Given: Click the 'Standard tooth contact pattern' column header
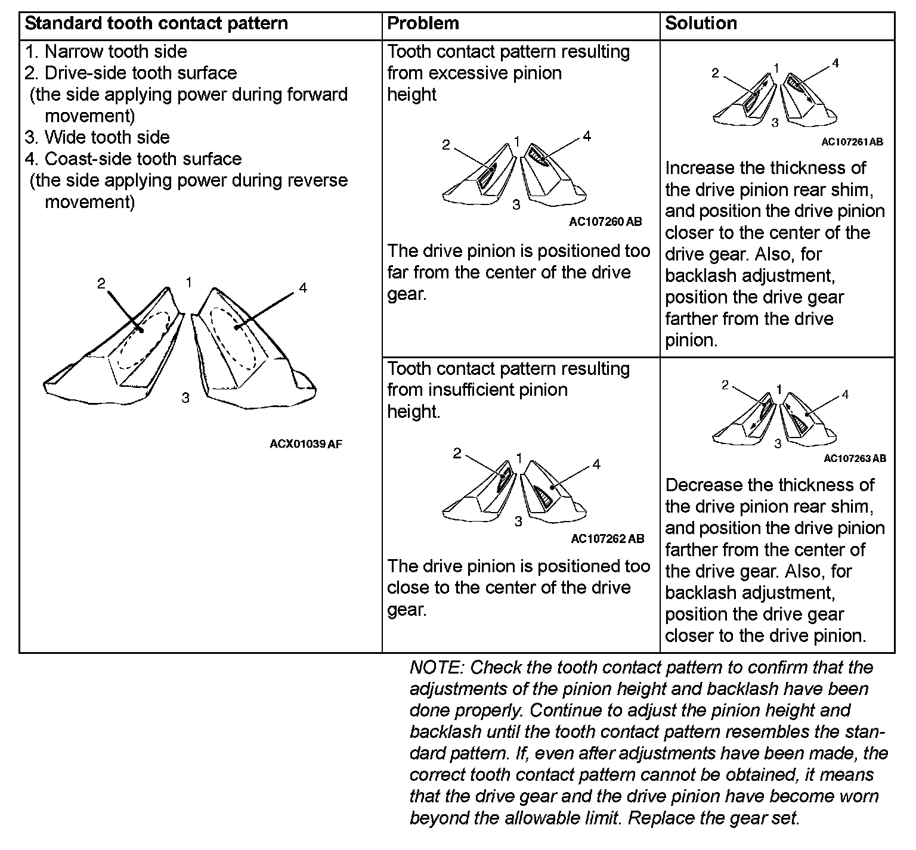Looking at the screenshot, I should coord(156,24).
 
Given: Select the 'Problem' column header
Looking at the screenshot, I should coord(423,24).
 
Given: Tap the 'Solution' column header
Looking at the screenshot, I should coord(701,24).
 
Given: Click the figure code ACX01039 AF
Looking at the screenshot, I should coord(306,444).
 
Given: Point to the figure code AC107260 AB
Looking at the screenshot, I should coord(605,222).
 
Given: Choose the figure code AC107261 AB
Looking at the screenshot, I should coord(852,142).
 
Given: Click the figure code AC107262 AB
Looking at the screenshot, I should coord(608,539).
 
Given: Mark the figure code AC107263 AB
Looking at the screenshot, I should coord(855,458).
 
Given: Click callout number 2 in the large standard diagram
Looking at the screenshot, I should coord(101,284).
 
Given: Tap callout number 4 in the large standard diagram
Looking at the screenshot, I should coord(303,288).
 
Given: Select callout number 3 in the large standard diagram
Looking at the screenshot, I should coord(185,398).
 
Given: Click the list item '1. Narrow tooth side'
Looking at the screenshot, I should coord(106,52).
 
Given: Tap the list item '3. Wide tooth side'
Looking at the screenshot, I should coord(97,138).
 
